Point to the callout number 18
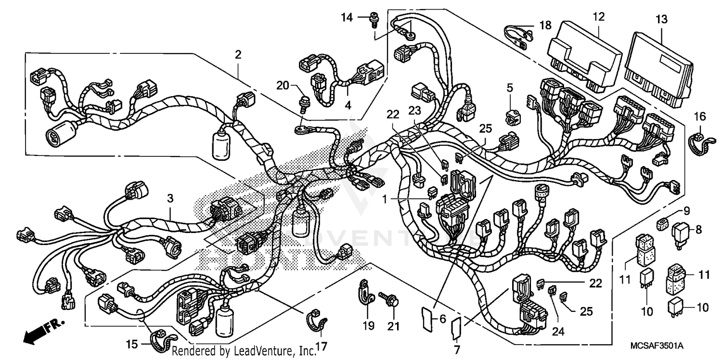(x=544, y=26)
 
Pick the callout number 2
(x=238, y=55)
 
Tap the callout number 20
(x=282, y=86)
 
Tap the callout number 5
(x=510, y=88)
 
